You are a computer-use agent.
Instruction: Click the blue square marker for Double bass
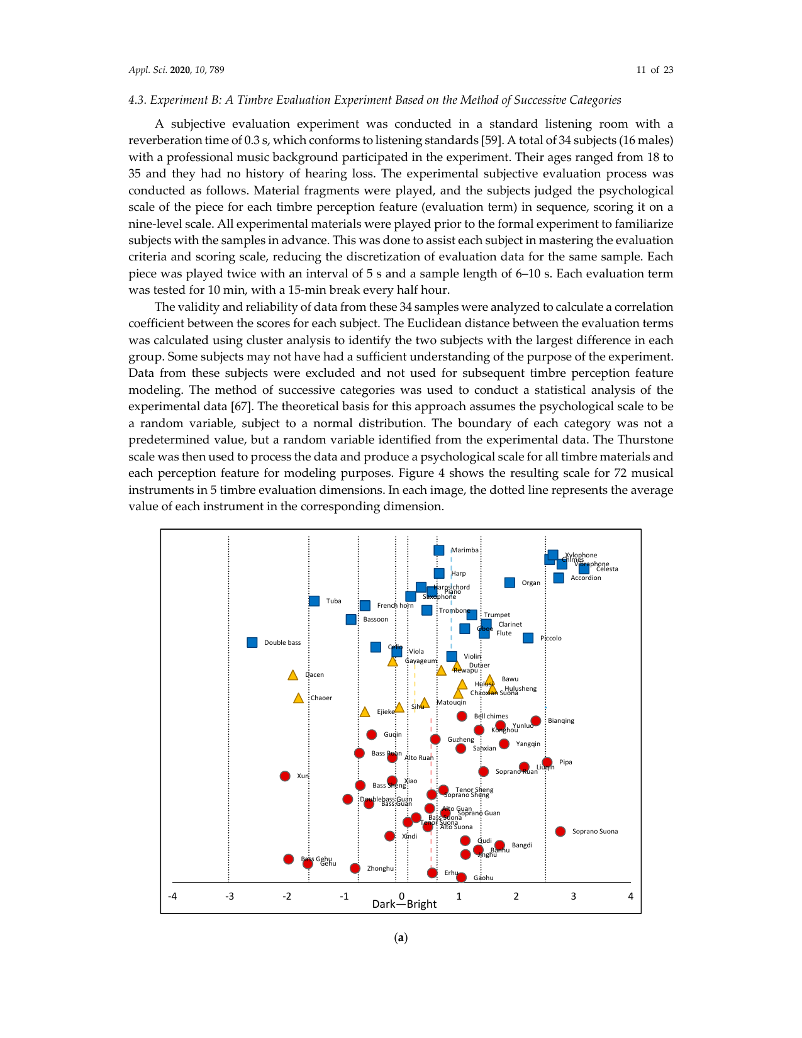pos(252,642)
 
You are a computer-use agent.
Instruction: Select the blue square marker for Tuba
pos(315,601)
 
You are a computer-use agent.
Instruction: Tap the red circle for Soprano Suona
pos(560,831)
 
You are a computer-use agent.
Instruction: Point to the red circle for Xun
pos(285,776)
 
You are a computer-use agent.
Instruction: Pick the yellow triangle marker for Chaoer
pos(298,698)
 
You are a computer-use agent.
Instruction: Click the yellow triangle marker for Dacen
pos(292,675)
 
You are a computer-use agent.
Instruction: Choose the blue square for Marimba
pos(439,550)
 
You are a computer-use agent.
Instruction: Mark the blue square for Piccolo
pos(528,638)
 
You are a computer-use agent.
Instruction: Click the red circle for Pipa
pos(547,762)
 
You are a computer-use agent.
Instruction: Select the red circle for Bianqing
pos(536,721)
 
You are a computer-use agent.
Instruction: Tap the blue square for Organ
pos(510,583)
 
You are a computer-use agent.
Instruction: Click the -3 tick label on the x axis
pos(229,896)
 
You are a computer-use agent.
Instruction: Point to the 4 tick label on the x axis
pos(630,896)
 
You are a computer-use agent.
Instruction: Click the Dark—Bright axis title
pos(404,904)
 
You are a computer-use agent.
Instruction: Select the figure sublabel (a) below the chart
pos(401,938)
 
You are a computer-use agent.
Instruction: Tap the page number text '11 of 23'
pos(654,70)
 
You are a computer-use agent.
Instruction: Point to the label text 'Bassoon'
pos(376,620)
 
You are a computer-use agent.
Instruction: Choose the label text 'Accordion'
pos(586,578)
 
